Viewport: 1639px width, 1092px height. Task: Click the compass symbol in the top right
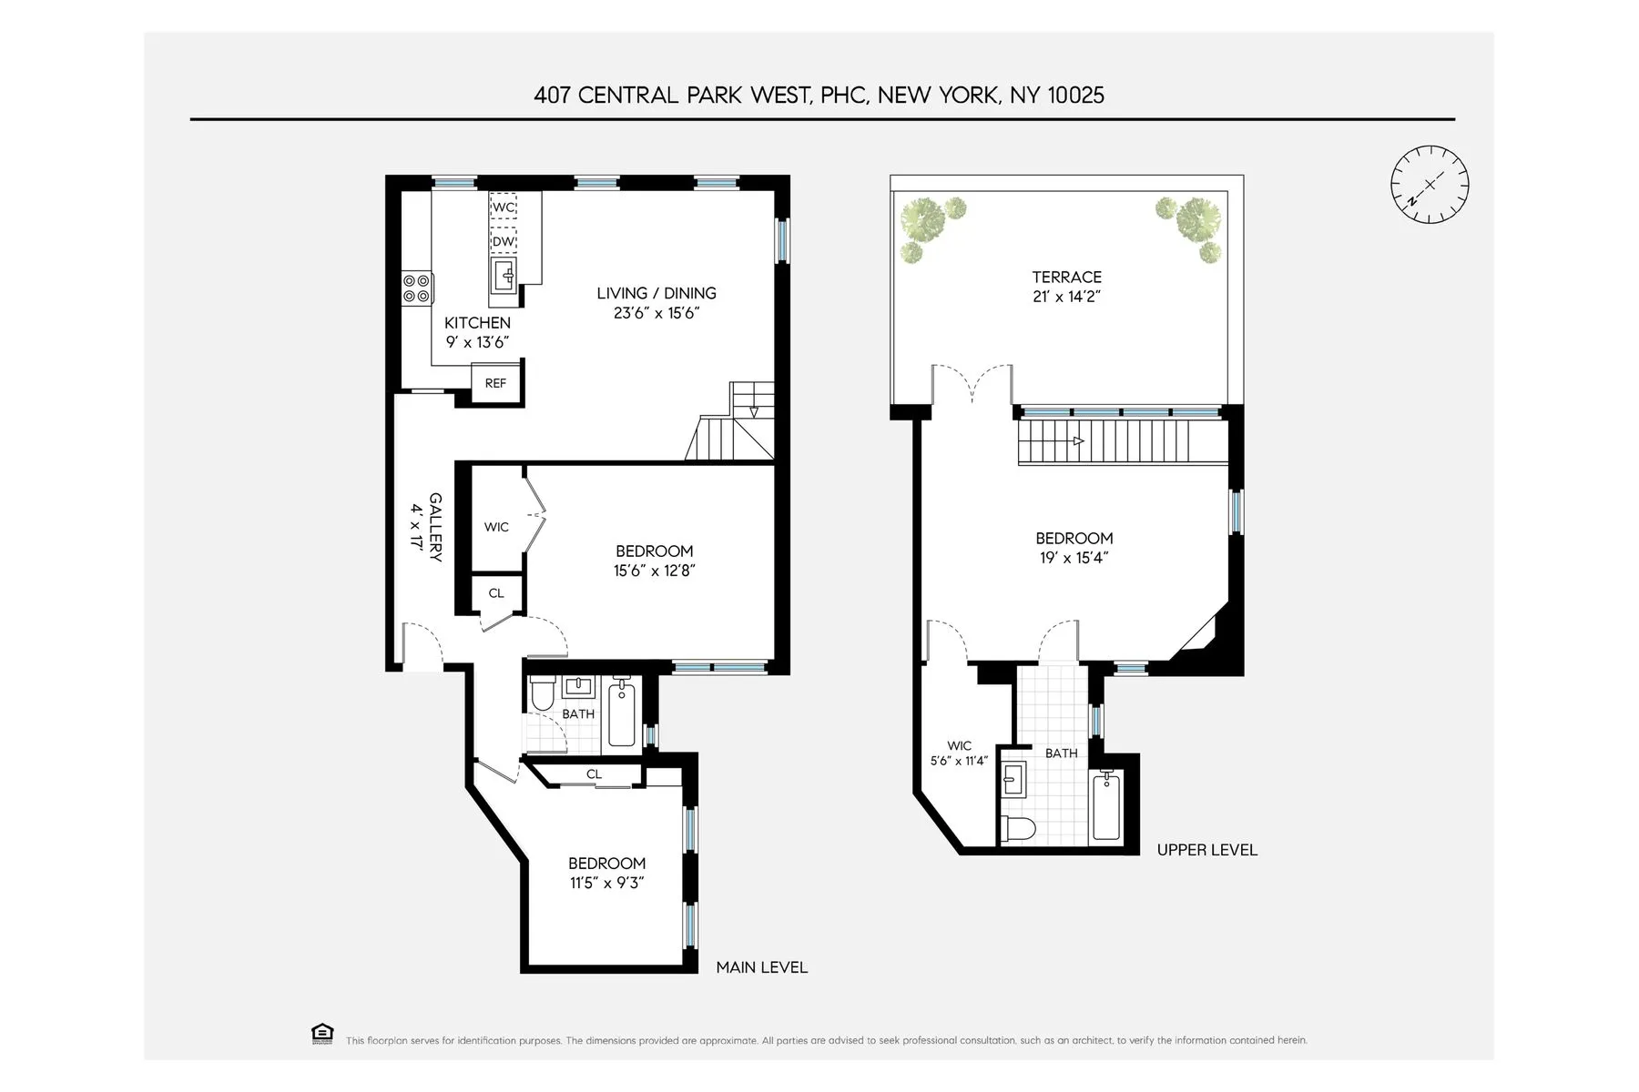point(1430,184)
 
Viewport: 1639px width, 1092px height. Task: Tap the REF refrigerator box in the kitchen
point(495,383)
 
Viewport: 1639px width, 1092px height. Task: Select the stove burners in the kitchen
point(417,288)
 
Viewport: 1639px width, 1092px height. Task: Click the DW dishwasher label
point(504,241)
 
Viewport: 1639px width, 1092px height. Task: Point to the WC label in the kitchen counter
point(504,207)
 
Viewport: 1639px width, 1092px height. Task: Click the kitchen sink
point(504,271)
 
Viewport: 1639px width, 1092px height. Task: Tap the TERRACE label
point(1066,278)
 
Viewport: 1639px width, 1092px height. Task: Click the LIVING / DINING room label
point(657,293)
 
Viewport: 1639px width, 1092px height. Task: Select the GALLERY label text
point(435,527)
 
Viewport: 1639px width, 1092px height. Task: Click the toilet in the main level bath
point(543,694)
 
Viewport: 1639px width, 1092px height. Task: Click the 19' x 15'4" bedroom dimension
point(1074,558)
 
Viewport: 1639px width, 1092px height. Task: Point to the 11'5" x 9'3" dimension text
point(606,883)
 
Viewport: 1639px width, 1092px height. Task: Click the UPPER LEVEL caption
point(1206,850)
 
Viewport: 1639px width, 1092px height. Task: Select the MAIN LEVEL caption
point(761,967)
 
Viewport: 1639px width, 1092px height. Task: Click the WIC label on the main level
point(496,527)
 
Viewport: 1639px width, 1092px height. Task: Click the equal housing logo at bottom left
point(322,1034)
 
